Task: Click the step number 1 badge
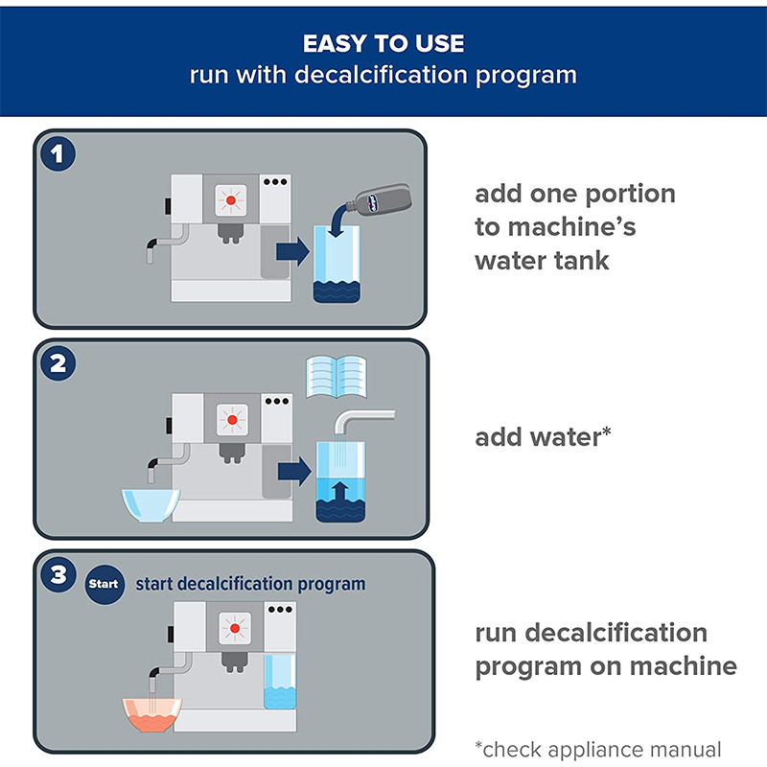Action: click(60, 155)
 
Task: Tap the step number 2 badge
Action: click(60, 364)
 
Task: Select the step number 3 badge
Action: click(60, 575)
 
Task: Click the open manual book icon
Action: click(336, 377)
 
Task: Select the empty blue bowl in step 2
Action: click(151, 504)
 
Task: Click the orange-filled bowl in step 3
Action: click(151, 714)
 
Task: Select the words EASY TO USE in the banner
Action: click(383, 44)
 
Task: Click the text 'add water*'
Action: click(544, 438)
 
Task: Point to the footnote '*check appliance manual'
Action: click(597, 749)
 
